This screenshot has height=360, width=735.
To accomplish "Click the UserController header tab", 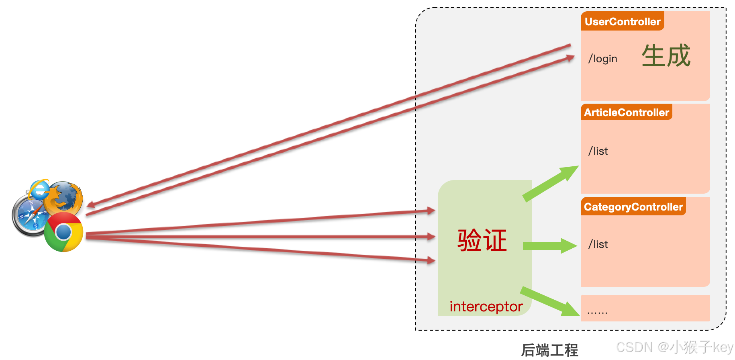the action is [622, 22].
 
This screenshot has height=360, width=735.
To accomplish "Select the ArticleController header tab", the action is [626, 112].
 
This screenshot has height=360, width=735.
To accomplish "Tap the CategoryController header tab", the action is [633, 207].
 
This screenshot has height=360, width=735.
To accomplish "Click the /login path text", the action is [602, 59].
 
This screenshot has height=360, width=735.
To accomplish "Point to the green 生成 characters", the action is [666, 56].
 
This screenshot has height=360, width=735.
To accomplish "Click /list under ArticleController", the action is [598, 151].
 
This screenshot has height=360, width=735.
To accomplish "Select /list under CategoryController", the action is [598, 245].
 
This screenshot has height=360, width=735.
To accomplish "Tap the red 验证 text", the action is [482, 241].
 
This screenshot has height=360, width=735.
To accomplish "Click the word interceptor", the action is [486, 307].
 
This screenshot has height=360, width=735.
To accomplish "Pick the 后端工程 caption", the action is [549, 350].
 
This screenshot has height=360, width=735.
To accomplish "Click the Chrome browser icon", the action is [63, 232].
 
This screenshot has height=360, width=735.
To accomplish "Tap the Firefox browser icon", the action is [64, 197].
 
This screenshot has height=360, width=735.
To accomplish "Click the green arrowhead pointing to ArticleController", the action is [570, 172].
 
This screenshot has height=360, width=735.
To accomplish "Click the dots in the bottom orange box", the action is [597, 312].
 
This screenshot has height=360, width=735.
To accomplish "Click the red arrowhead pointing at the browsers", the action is [90, 205].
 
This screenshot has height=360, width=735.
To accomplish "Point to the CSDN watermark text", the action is [675, 347].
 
